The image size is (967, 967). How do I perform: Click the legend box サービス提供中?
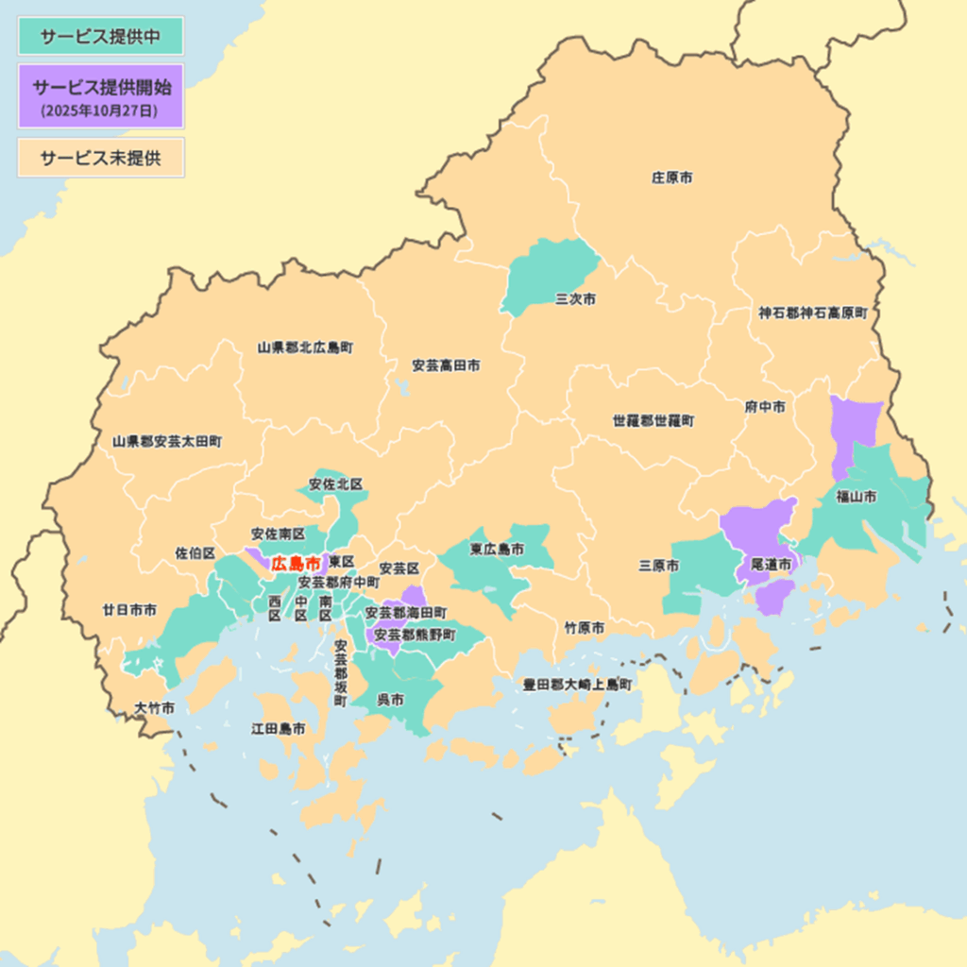[100, 36]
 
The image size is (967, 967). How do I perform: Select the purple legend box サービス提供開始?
[100, 96]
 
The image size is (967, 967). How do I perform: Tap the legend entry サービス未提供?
[100, 158]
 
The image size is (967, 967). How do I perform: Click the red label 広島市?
[296, 564]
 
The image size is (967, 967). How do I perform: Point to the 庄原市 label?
[671, 178]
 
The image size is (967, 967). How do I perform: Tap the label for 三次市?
[575, 299]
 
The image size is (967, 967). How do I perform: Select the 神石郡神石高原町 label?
[812, 313]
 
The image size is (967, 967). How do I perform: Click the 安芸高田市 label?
[445, 365]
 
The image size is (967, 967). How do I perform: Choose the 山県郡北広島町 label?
[305, 348]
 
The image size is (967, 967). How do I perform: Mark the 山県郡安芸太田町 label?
[167, 441]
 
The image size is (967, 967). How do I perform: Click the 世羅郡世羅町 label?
[653, 420]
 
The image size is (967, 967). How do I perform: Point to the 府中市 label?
[765, 408]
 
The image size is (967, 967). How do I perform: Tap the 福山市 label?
[856, 496]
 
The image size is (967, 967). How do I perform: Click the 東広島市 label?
[498, 550]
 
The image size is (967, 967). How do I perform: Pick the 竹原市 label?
[585, 628]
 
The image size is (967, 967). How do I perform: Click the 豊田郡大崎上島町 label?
[577, 685]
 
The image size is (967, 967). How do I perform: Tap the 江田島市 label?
[278, 729]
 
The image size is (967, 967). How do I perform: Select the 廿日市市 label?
[129, 611]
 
